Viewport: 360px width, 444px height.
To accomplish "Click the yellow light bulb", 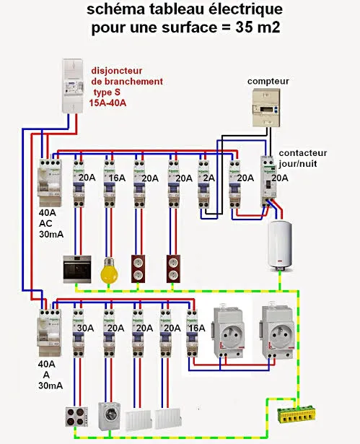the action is point(109,270).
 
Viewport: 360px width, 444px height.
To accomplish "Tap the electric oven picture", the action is point(77,269).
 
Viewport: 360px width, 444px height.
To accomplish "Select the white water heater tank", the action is point(280,245).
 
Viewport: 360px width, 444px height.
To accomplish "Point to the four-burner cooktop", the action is point(76,417).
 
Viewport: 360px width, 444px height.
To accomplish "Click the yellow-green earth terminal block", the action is point(293,415).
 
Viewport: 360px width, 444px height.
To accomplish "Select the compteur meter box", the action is point(266,108).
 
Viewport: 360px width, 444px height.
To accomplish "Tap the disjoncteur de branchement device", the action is point(73,86).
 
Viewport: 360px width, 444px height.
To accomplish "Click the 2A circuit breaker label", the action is point(209,178).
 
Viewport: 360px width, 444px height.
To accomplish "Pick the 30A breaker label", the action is point(85,328).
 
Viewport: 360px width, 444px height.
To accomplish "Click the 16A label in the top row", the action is point(117,178).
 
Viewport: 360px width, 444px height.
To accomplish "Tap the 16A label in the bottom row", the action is point(197,328).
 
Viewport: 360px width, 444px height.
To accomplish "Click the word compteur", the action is point(268,82).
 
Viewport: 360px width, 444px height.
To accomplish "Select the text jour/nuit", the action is point(298,164).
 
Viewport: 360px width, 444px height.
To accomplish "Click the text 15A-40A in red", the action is point(107,103).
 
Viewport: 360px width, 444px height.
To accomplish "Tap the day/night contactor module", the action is point(268,181).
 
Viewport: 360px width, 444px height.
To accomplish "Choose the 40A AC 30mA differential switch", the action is point(50,183).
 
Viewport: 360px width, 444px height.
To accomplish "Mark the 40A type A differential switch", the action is point(50,332).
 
